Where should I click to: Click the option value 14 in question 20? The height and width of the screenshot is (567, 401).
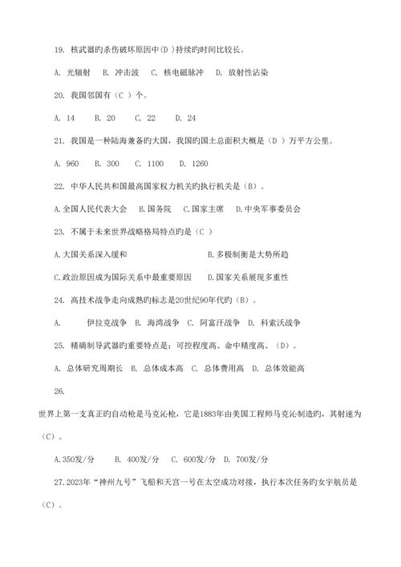click(x=71, y=118)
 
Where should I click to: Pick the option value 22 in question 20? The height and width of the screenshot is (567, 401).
click(x=150, y=118)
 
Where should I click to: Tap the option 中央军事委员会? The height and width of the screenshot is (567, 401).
click(x=273, y=209)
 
